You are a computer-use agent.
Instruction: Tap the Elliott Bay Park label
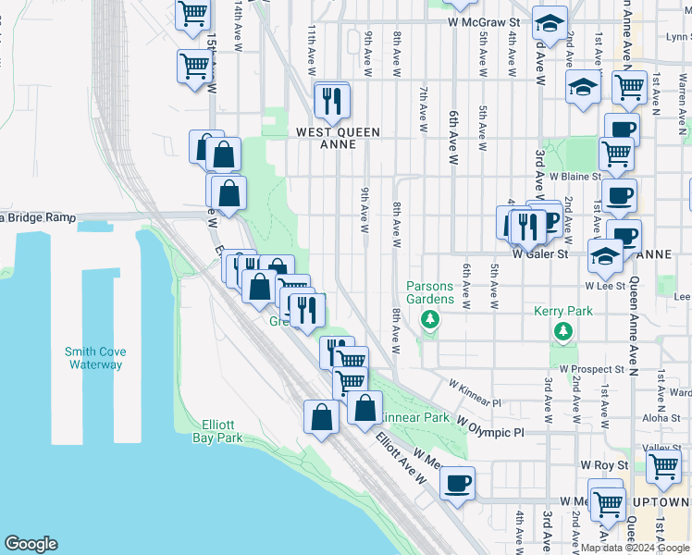tap(217, 431)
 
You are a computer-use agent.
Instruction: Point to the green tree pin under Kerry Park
tap(562, 330)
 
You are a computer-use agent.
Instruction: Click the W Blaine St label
tap(575, 176)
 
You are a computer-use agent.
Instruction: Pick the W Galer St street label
tap(539, 252)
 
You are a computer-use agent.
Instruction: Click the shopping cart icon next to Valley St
tap(663, 468)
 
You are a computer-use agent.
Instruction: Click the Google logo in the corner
tap(31, 544)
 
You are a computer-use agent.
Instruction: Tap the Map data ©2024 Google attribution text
tap(634, 548)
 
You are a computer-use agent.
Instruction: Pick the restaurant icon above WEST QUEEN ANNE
tap(331, 100)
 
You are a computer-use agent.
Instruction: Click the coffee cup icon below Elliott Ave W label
tap(456, 483)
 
